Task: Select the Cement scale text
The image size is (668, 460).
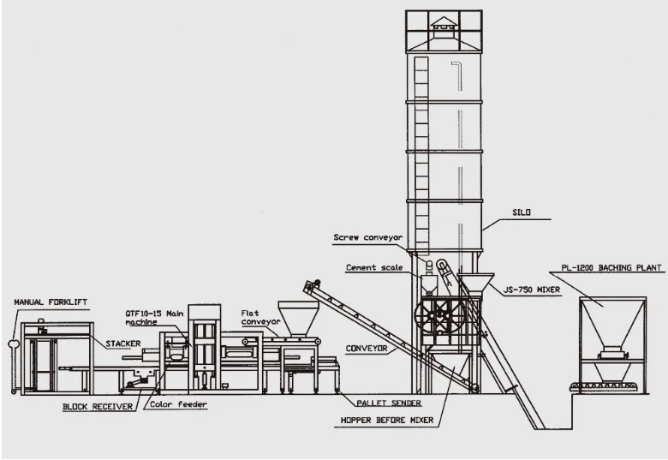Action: (x=373, y=267)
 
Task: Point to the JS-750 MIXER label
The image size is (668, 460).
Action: (x=530, y=290)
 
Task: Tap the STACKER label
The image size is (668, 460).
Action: (x=122, y=344)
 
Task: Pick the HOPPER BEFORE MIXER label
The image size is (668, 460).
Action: (x=385, y=420)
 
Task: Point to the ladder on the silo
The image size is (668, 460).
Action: (x=420, y=154)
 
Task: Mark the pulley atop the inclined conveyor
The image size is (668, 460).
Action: (x=316, y=283)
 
